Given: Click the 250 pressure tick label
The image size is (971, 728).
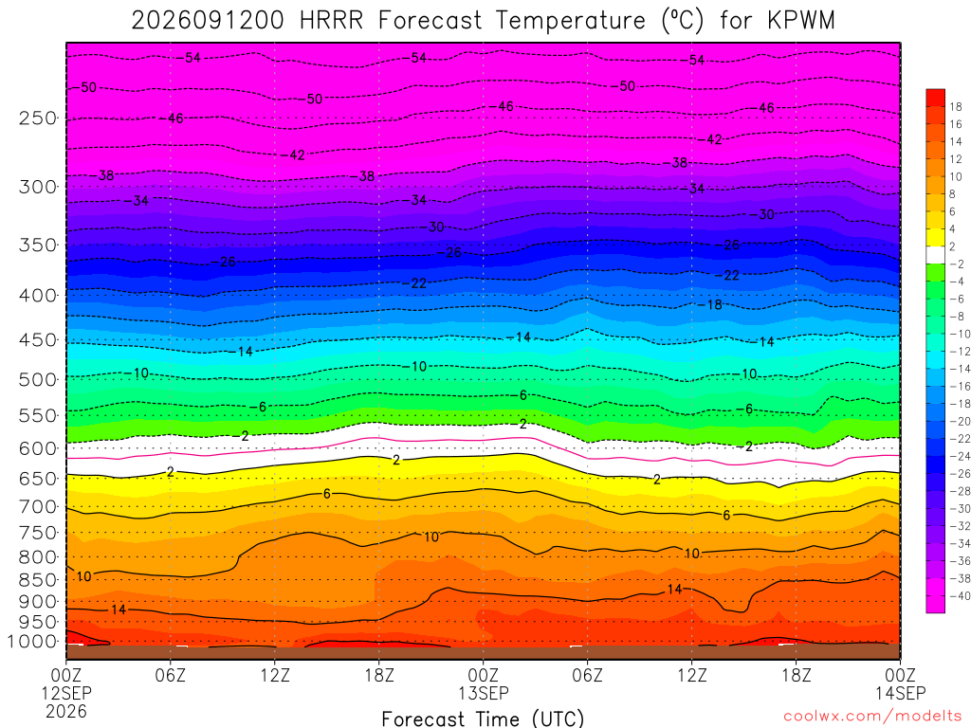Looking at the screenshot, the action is [x=38, y=118].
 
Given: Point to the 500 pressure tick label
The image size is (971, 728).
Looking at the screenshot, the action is [x=38, y=379].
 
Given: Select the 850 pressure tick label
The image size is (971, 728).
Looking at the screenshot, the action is [x=38, y=580].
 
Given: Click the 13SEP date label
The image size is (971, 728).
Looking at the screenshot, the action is [x=483, y=693].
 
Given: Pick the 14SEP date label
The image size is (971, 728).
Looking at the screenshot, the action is [x=901, y=693].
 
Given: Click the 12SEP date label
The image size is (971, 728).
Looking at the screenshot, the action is [x=66, y=693].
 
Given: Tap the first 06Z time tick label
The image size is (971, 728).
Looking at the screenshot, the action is [x=171, y=675].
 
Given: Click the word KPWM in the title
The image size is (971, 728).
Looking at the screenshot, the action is [x=800, y=21].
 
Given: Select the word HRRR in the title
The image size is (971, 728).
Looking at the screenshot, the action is [x=331, y=21].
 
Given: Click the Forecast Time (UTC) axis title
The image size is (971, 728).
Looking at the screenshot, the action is [x=483, y=719].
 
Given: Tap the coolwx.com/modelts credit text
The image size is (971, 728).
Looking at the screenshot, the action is [x=872, y=717].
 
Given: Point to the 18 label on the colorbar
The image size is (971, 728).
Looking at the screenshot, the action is [x=956, y=106].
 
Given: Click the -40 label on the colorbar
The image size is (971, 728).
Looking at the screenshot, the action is [x=960, y=596].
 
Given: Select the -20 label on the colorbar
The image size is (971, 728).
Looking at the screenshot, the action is [x=960, y=422].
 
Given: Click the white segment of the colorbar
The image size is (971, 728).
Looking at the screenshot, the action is [x=935, y=255].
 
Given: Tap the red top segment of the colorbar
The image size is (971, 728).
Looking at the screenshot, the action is [x=935, y=98].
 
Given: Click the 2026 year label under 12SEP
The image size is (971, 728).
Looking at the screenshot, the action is [x=66, y=711].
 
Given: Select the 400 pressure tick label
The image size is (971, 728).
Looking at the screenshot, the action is [x=38, y=296].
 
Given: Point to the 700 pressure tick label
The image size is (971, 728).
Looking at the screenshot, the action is [x=38, y=507].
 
